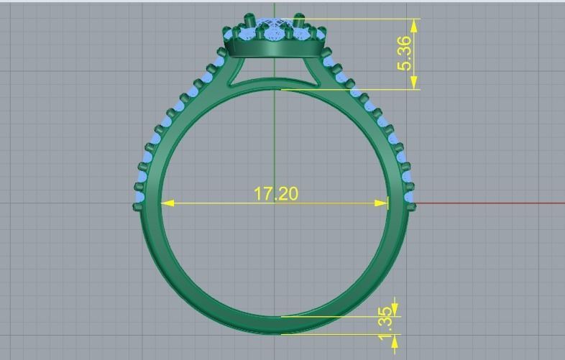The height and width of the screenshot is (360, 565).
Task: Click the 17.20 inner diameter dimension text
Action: click(275, 193)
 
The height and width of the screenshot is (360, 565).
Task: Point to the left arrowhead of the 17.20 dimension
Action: click(167, 203)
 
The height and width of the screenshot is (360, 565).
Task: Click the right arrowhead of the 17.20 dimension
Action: click(382, 203)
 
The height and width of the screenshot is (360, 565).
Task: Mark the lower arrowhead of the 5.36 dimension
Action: click(414, 83)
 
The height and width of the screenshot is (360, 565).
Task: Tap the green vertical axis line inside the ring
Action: click(274, 144)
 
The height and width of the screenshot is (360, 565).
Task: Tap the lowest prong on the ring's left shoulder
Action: click(136, 207)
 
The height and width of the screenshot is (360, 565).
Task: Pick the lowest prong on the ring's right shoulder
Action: click(413, 207)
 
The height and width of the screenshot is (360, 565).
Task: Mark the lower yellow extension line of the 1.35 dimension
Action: click(338, 333)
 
